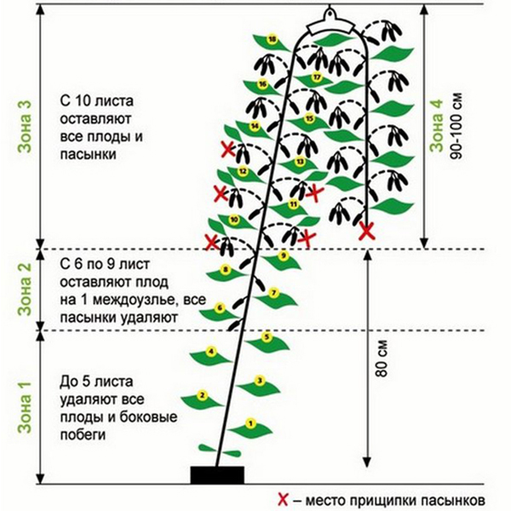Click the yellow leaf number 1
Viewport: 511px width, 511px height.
coord(250,423)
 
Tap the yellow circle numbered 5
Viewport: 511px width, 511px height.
coord(267,336)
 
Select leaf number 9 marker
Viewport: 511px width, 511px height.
coord(284,255)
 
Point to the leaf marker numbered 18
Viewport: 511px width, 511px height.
coord(272,39)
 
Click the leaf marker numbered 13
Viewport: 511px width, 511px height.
coord(300,161)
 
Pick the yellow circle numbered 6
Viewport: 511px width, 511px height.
coord(220,308)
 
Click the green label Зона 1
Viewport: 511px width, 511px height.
coord(25,407)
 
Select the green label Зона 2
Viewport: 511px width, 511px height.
coord(25,290)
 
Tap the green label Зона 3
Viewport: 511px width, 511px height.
coord(25,126)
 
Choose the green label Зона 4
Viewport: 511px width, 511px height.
coord(436,126)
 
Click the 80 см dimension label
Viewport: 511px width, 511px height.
coord(382,359)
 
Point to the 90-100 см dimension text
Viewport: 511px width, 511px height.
coord(456,126)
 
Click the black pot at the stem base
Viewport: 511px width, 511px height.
coord(217,475)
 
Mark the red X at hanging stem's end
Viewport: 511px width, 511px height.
coord(366,232)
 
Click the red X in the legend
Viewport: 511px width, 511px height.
coord(284,499)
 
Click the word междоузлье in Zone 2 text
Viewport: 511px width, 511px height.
coord(135,300)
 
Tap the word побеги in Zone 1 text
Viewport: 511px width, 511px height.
coord(83,434)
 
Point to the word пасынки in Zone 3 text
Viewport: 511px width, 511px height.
coord(88,154)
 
